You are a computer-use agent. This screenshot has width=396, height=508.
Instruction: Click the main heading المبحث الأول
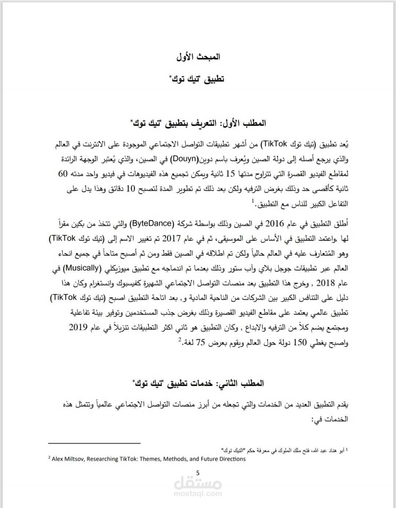198,57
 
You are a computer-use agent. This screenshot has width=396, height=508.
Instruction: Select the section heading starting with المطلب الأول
198,123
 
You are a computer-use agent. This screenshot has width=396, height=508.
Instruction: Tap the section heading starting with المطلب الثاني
198,383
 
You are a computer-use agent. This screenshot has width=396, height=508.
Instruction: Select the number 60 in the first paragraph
63,174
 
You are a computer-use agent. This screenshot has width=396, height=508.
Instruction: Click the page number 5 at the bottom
198,473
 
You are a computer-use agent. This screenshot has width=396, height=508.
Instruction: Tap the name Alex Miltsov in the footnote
68,459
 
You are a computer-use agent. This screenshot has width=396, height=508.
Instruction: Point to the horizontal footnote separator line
94,443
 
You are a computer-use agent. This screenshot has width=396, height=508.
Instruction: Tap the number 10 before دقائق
131,189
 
